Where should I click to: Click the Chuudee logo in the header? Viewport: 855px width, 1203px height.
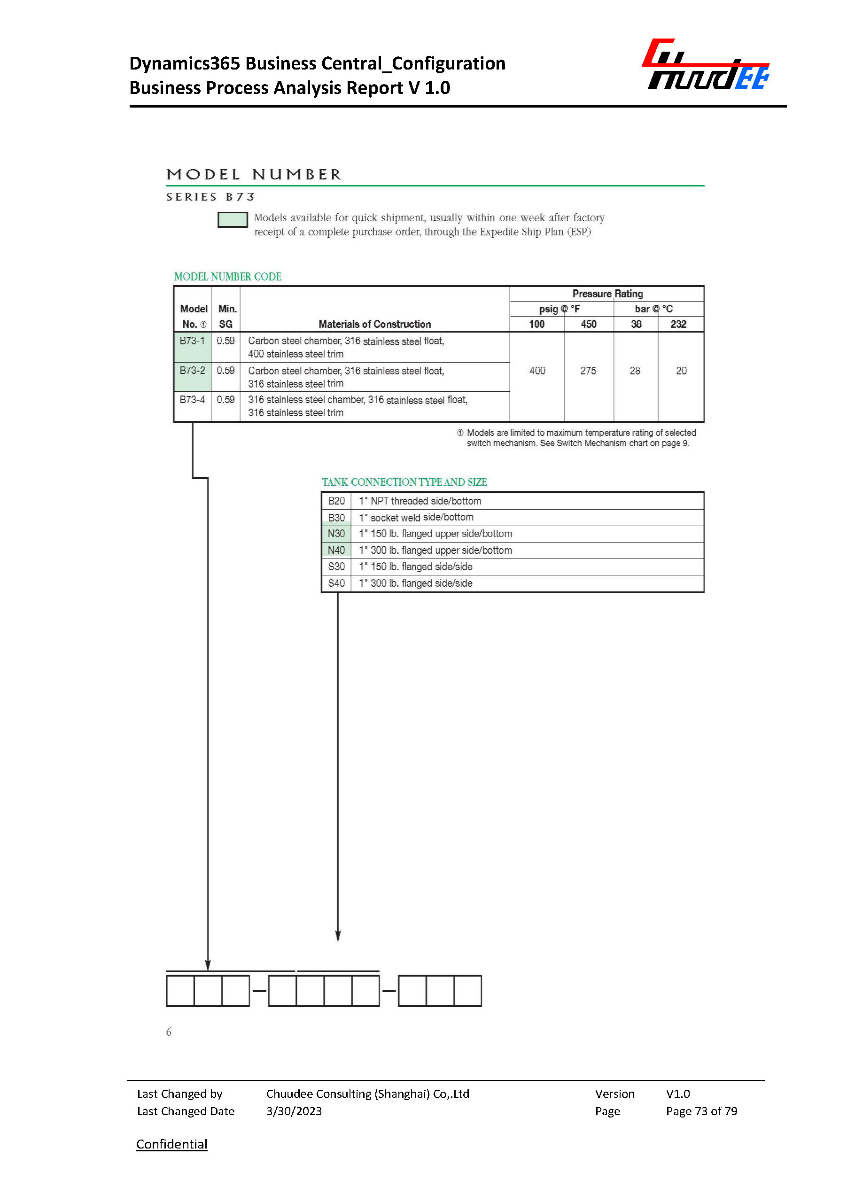[706, 65]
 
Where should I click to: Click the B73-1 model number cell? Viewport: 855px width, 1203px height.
[192, 341]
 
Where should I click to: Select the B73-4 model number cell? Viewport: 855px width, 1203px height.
[192, 400]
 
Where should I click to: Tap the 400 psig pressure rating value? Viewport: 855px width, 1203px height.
[537, 371]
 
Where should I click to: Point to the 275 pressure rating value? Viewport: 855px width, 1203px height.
[588, 371]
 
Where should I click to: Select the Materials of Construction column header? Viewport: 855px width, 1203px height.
[374, 324]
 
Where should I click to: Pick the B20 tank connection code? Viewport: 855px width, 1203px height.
[336, 501]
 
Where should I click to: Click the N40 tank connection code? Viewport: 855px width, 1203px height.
[336, 550]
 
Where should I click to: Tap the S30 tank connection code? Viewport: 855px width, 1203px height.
[336, 567]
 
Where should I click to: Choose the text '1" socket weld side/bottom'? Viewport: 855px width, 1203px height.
[416, 518]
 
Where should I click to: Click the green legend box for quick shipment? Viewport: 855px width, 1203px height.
[233, 219]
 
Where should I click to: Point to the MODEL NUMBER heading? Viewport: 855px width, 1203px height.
[254, 175]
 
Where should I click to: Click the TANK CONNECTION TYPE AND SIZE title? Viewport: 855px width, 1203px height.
[404, 482]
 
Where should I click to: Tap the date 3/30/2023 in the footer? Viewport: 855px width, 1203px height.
[294, 1111]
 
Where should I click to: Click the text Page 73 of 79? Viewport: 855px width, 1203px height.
[701, 1111]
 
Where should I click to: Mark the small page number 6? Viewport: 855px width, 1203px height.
[169, 1032]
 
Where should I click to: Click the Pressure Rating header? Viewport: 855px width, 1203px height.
[607, 294]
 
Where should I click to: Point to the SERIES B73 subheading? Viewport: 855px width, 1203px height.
[210, 197]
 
